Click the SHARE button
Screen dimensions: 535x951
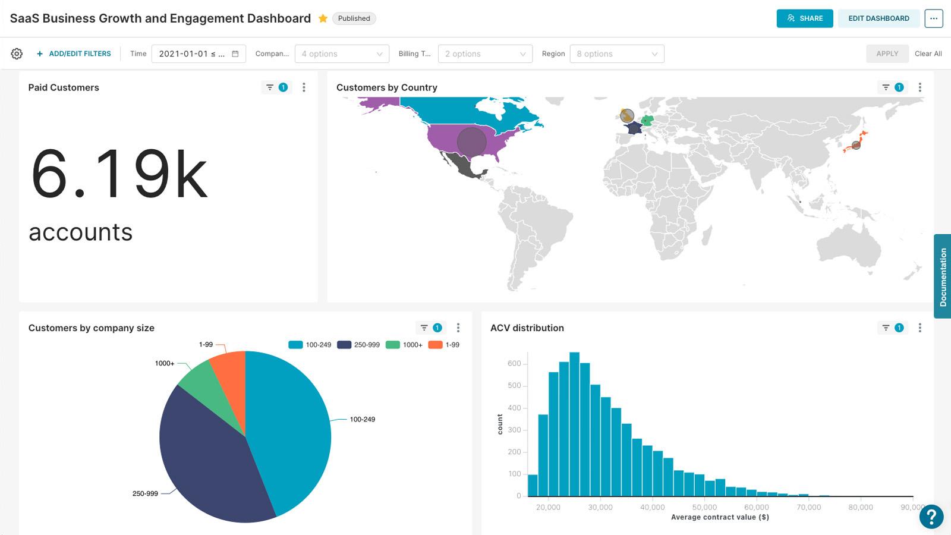pyautogui.click(x=804, y=18)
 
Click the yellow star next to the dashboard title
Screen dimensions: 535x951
pyautogui.click(x=323, y=18)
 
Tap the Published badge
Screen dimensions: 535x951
pyautogui.click(x=354, y=18)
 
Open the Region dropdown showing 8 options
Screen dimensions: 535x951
pyautogui.click(x=616, y=53)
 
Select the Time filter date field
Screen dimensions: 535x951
pyautogui.click(x=198, y=53)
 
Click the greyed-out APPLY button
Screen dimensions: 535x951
pyautogui.click(x=887, y=53)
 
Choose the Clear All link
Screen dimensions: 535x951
pyautogui.click(x=928, y=53)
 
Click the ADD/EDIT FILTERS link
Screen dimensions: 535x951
pyautogui.click(x=74, y=53)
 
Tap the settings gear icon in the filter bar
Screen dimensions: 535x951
pyautogui.click(x=17, y=53)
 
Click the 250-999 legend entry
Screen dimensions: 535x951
pyautogui.click(x=358, y=345)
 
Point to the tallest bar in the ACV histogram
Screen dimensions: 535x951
pyautogui.click(x=574, y=425)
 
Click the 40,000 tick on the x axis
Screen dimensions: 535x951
pyautogui.click(x=652, y=507)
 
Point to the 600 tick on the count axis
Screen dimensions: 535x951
pyautogui.click(x=514, y=363)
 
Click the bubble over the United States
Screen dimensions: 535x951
pyautogui.click(x=472, y=141)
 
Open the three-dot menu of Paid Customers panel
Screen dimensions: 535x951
pyautogui.click(x=304, y=87)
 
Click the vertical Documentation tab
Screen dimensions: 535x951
pyautogui.click(x=942, y=276)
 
